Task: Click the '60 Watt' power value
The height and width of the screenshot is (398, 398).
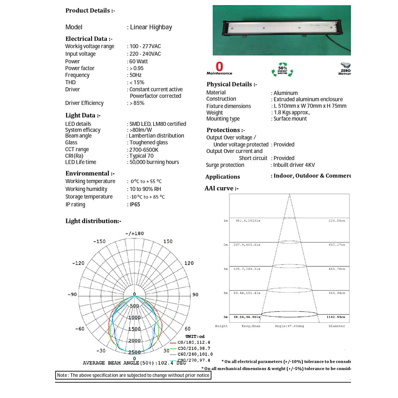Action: pyautogui.click(x=139, y=62)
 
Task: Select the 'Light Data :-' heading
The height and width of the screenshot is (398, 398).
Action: pyautogui.click(x=83, y=115)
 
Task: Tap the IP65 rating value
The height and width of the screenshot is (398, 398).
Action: pyautogui.click(x=135, y=204)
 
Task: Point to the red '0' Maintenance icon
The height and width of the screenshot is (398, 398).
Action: pyautogui.click(x=219, y=67)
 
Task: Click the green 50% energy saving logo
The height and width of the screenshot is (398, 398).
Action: pyautogui.click(x=282, y=69)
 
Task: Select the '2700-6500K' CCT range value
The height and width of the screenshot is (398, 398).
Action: pyautogui.click(x=144, y=149)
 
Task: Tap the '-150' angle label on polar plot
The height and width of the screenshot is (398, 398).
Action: pyautogui.click(x=99, y=241)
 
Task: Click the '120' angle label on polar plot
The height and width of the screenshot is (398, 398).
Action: pyautogui.click(x=189, y=263)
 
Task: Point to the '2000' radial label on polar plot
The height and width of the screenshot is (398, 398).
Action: pyautogui.click(x=135, y=340)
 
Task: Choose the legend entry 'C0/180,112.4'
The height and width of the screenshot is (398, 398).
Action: pyautogui.click(x=194, y=342)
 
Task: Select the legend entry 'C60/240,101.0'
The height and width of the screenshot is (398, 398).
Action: pyautogui.click(x=195, y=354)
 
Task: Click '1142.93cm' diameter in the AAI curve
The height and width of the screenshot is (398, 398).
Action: pyautogui.click(x=336, y=317)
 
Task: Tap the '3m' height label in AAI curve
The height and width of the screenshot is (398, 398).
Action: pyautogui.click(x=225, y=269)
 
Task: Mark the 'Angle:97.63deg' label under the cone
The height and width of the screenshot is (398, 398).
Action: pyautogui.click(x=289, y=326)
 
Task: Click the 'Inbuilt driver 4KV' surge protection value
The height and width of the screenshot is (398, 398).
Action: pyautogui.click(x=294, y=165)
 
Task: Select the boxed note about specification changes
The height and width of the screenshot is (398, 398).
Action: pyautogui.click(x=133, y=375)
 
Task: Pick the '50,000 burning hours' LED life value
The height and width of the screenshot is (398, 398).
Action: pyautogui.click(x=154, y=162)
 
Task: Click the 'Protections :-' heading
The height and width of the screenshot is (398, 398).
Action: pyautogui.click(x=226, y=130)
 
